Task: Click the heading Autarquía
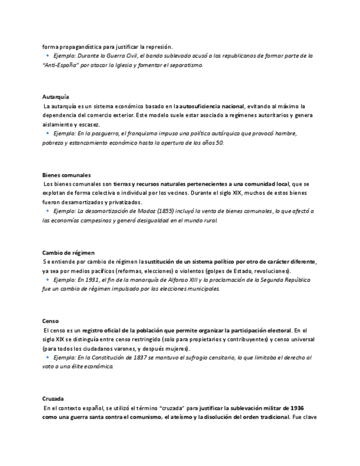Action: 56,97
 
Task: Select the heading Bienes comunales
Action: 67,175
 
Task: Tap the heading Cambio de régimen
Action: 68,253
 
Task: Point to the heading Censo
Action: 51,321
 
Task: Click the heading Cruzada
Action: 54,398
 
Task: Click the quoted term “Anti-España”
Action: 61,65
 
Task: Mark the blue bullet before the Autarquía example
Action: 48,134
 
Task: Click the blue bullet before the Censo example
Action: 48,357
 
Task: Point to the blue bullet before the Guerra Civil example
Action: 48,56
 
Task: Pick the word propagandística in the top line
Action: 82,46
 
